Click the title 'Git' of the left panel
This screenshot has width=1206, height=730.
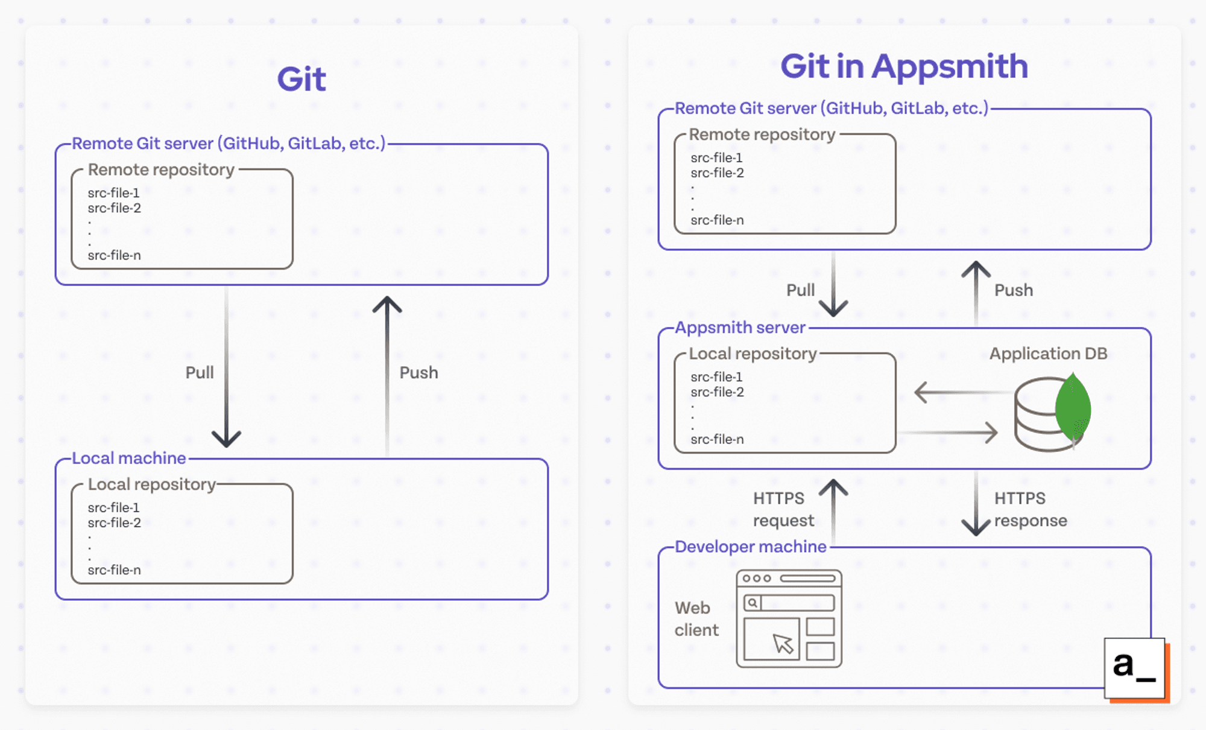coord(301,80)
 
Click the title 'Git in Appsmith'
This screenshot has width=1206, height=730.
coord(904,66)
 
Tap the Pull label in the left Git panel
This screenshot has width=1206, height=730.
coord(200,372)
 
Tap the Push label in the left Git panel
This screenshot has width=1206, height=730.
coord(418,372)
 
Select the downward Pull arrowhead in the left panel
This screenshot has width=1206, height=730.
coord(227,439)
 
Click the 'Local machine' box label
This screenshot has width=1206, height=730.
coord(129,458)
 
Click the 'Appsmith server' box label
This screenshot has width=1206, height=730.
coord(740,328)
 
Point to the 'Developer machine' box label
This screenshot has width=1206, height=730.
coord(750,547)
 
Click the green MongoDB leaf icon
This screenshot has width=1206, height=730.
coord(1073,409)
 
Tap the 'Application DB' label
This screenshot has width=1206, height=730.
coord(1048,354)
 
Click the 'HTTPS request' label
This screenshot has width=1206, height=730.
coord(783,509)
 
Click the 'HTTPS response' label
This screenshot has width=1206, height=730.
coord(1030,509)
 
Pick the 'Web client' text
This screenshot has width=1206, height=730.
coord(696,618)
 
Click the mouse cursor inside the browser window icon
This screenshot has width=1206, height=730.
coord(783,644)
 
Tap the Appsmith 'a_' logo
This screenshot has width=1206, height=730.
coord(1134,668)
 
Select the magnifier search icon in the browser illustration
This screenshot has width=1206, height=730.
coord(753,603)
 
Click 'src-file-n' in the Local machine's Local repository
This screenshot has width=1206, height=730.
coord(114,570)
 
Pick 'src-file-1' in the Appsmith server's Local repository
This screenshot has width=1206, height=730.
coord(716,377)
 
